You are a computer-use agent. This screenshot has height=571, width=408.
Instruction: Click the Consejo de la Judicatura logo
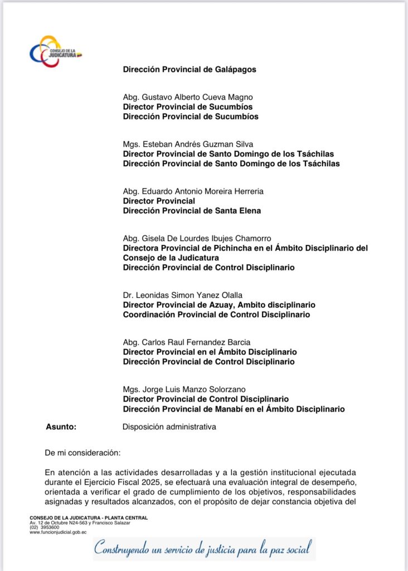click(55, 52)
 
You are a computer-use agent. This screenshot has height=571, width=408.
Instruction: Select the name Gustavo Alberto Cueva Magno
click(188, 97)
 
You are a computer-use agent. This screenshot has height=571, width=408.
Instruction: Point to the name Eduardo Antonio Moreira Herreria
click(193, 191)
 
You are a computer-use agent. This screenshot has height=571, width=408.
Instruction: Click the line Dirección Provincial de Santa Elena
click(192, 210)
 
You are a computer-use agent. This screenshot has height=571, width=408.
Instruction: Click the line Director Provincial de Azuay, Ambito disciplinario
click(219, 305)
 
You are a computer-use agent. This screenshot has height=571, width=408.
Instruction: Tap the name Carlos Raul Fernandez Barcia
click(186, 342)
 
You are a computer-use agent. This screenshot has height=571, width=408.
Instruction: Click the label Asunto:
click(61, 427)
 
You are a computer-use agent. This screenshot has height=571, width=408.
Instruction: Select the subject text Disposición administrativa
click(169, 427)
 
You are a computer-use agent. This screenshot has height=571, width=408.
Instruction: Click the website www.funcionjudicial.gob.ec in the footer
click(58, 532)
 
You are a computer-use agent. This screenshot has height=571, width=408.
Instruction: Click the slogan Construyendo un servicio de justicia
click(201, 549)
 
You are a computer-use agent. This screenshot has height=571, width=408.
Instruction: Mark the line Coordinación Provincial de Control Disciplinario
click(216, 314)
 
